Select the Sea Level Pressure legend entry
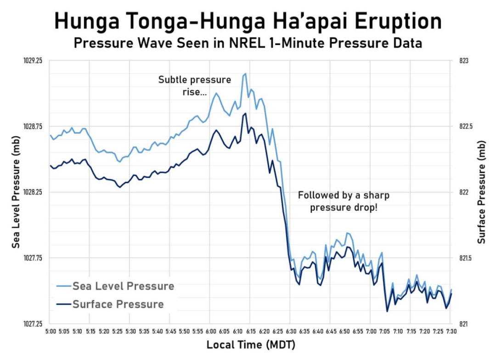coord(123,286)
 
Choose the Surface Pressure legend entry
coord(118,304)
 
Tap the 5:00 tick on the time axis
coord(50,331)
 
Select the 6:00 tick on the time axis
coord(210,331)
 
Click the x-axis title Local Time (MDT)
coord(251,345)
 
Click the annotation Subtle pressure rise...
coord(195,86)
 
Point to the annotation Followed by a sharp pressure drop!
coord(344,201)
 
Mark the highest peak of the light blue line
coord(245,73)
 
